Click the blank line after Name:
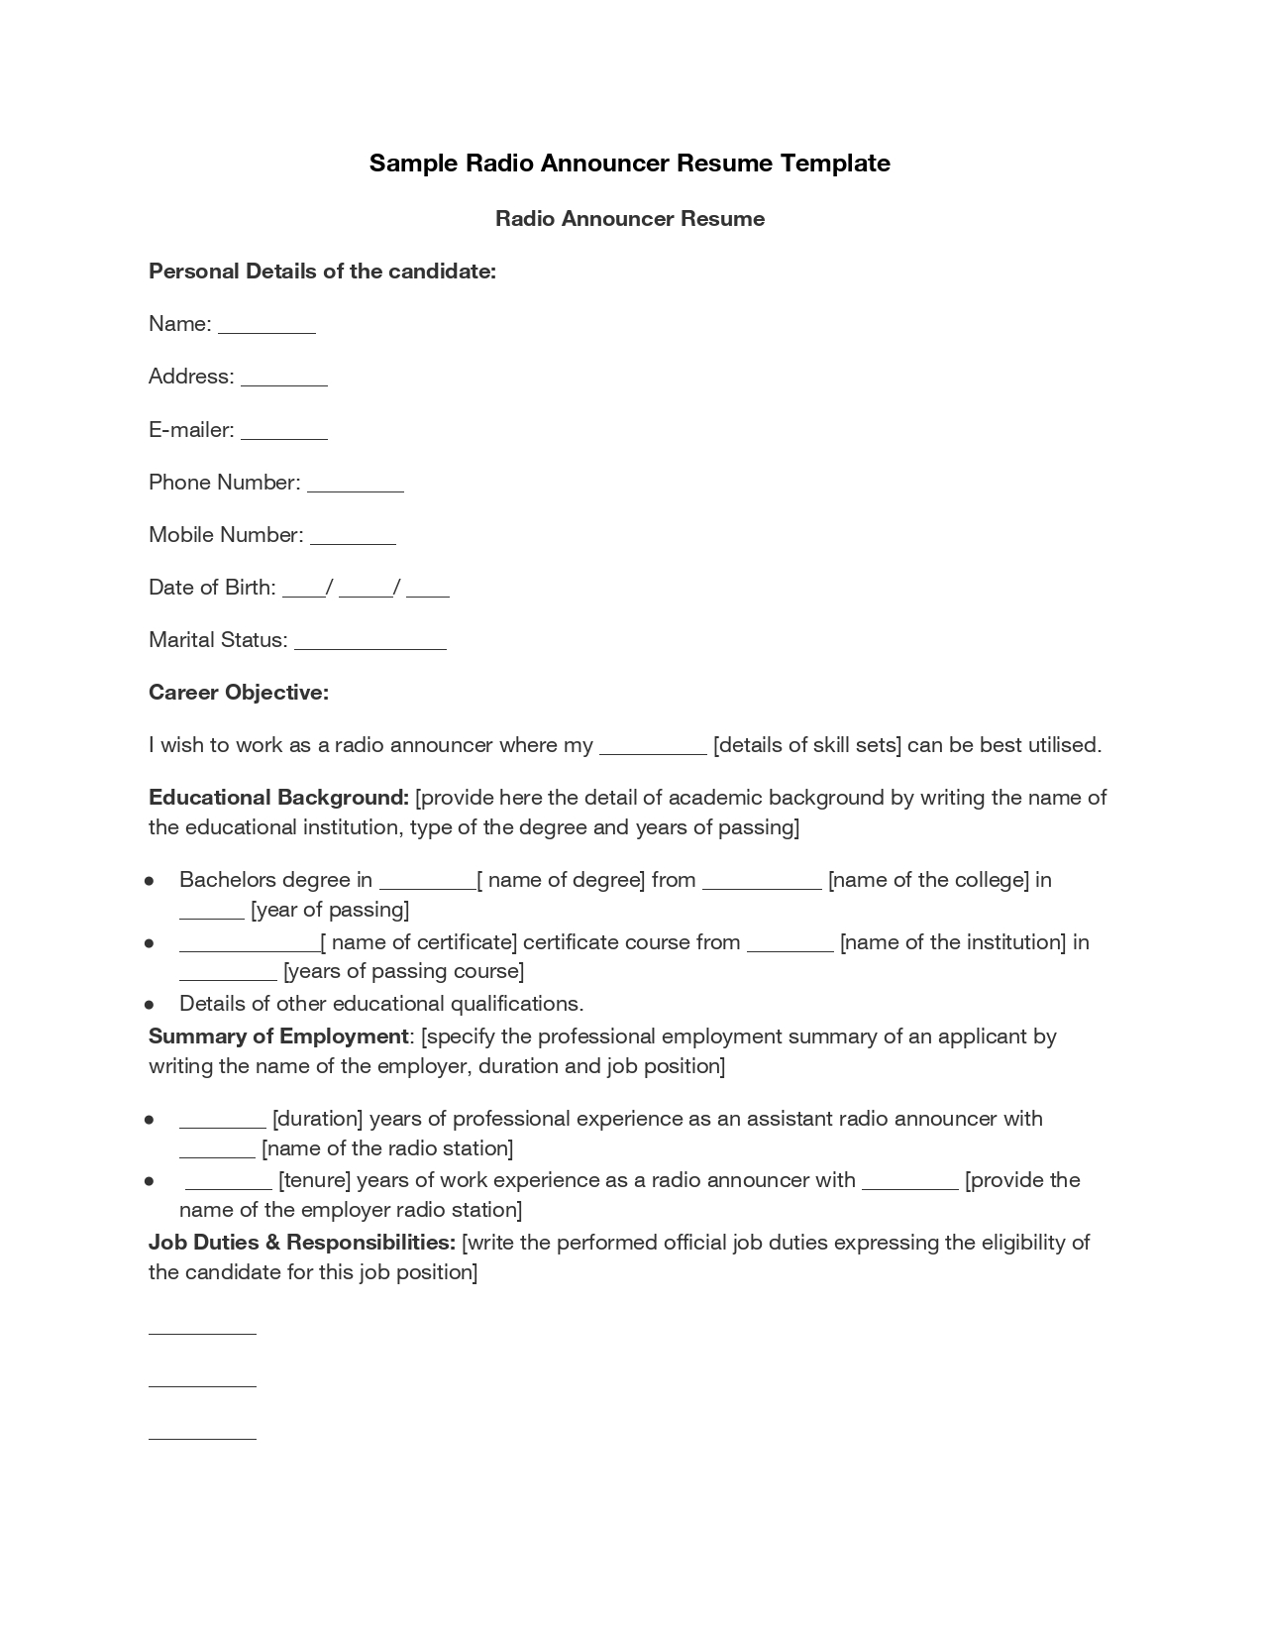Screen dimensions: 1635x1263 click(x=266, y=331)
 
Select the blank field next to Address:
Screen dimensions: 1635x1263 click(x=283, y=383)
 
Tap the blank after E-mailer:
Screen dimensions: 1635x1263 click(x=283, y=436)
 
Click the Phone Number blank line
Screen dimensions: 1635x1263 click(x=355, y=489)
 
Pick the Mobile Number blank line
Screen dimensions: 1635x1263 click(x=353, y=541)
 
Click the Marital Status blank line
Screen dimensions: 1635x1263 click(x=370, y=646)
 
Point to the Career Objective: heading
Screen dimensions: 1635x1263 click(x=238, y=693)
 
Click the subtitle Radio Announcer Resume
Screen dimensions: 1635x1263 click(x=630, y=219)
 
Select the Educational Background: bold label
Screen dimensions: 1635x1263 click(x=278, y=798)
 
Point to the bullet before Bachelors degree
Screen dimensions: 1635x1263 click(x=149, y=881)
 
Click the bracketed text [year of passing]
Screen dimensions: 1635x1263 click(x=330, y=910)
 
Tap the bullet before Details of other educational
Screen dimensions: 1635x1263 click(x=149, y=1005)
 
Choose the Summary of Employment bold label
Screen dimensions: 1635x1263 click(x=278, y=1036)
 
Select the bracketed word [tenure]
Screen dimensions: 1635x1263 click(x=314, y=1180)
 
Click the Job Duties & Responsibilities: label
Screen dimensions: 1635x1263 click(x=302, y=1243)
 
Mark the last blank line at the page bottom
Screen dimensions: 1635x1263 click(x=202, y=1437)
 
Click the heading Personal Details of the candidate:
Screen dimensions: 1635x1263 click(x=322, y=272)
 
